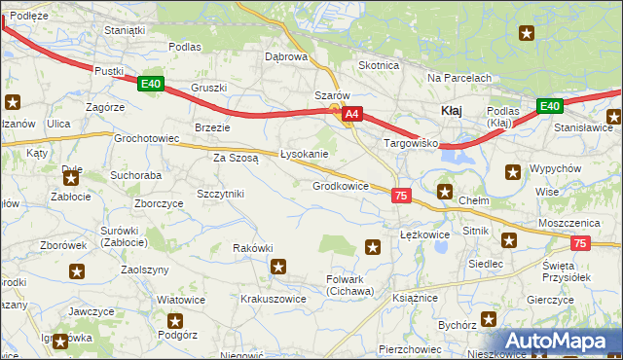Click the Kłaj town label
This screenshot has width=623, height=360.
pyautogui.click(x=452, y=111)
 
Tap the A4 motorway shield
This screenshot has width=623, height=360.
pyautogui.click(x=352, y=114)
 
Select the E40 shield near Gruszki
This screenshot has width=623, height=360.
pyautogui.click(x=150, y=85)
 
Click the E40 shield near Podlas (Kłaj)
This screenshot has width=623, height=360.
pyautogui.click(x=550, y=106)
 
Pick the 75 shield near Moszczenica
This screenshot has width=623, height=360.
pyautogui.click(x=580, y=242)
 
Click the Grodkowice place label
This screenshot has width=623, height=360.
pyautogui.click(x=340, y=186)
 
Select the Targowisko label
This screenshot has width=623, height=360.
pyautogui.click(x=412, y=143)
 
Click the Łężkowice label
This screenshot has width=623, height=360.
pyautogui.click(x=424, y=234)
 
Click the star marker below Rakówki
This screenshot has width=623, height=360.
pyautogui.click(x=279, y=266)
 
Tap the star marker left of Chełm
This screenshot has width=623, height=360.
pyautogui.click(x=445, y=192)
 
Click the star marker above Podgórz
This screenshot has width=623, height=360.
pyautogui.click(x=174, y=319)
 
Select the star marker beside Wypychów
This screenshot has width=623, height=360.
pyautogui.click(x=513, y=172)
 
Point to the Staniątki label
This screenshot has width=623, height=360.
pyautogui.click(x=125, y=30)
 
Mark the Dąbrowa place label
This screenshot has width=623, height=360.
pyautogui.click(x=286, y=56)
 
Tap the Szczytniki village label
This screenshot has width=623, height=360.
pyautogui.click(x=221, y=194)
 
